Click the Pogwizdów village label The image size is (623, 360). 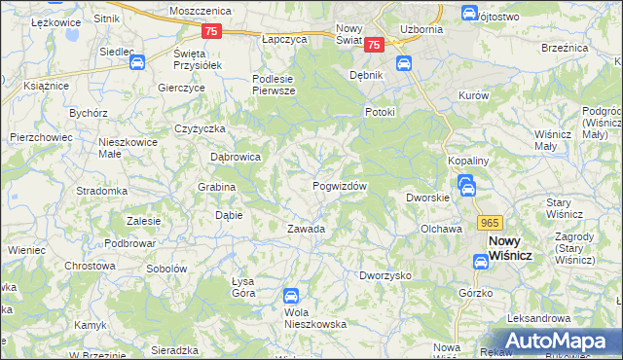click(x=339, y=186)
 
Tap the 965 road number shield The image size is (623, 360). click(x=490, y=222)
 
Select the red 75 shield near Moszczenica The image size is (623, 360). click(x=213, y=31)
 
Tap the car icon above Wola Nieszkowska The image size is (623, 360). click(x=290, y=296)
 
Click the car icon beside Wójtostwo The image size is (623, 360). click(x=468, y=14)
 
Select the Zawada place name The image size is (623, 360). click(x=305, y=230)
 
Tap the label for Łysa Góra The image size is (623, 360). click(x=243, y=287)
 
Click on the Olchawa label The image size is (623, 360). click(x=440, y=229)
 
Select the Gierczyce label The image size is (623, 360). click(x=181, y=87)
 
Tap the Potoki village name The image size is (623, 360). click(x=380, y=112)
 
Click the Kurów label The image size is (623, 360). click(x=473, y=96)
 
